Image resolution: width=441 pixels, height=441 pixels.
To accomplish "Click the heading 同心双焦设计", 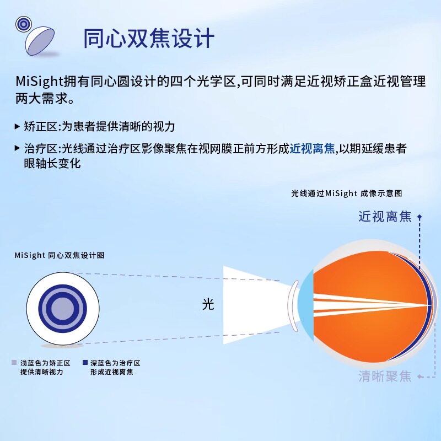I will (148, 39).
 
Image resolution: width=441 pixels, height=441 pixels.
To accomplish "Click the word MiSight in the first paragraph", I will (37, 82).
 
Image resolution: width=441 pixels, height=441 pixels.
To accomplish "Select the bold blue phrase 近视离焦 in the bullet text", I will (313, 149).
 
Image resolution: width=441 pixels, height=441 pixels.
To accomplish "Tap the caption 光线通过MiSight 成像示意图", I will (347, 193).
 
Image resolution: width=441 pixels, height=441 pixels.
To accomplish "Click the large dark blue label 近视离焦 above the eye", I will (384, 216).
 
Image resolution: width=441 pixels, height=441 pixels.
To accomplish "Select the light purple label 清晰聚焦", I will (385, 377).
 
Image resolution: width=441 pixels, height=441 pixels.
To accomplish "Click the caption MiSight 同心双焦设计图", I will (60, 255).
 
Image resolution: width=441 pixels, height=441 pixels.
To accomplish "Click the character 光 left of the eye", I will (208, 304).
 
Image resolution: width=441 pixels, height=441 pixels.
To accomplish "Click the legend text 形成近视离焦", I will (112, 372).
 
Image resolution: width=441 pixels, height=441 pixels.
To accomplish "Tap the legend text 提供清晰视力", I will (42, 372).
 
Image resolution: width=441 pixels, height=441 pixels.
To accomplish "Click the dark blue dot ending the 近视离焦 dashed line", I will (418, 217).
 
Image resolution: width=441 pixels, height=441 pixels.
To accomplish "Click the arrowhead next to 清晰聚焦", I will (420, 378).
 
